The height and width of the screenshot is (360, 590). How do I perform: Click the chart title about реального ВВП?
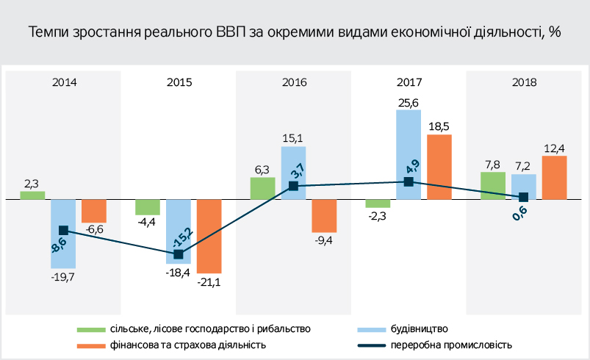(x=294, y=32)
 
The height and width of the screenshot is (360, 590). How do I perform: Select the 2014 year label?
(x=65, y=82)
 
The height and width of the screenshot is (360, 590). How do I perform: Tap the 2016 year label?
(x=294, y=82)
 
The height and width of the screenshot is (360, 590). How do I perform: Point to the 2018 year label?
(x=524, y=82)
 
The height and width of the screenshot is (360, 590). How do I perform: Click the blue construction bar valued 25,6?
(x=409, y=154)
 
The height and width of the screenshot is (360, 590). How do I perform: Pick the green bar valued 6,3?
(x=262, y=188)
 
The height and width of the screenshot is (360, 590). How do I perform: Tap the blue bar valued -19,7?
(x=63, y=233)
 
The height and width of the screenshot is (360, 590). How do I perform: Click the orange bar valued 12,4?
(x=554, y=177)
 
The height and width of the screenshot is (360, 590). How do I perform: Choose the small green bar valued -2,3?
(x=378, y=204)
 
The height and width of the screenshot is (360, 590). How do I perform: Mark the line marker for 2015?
(x=178, y=254)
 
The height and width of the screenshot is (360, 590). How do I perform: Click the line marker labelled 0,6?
(x=523, y=197)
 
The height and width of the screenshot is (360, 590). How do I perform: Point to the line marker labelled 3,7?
(x=293, y=187)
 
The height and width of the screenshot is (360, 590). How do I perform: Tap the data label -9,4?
(x=324, y=241)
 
